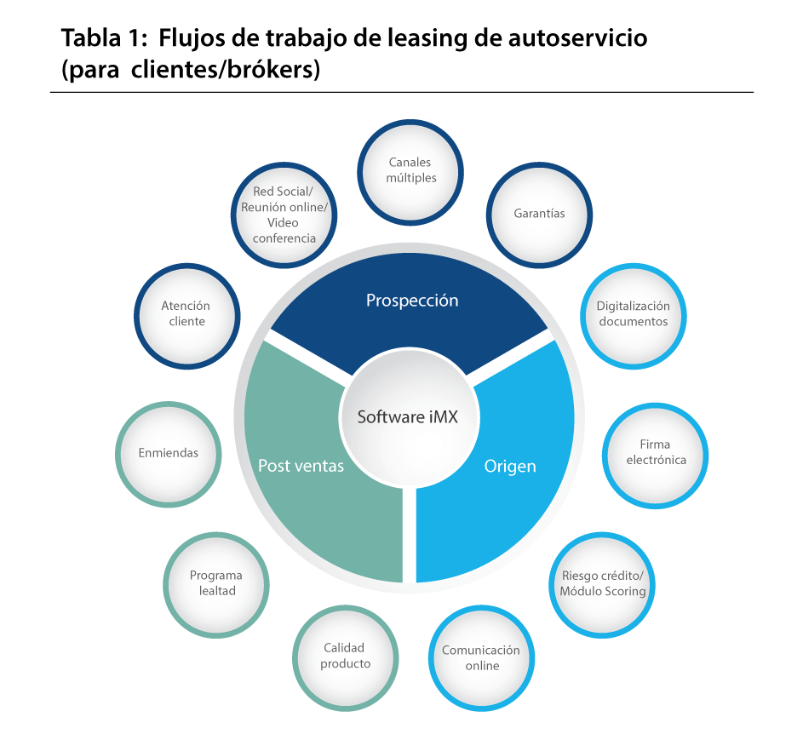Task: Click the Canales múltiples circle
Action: [x=410, y=172]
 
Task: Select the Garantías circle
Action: [x=539, y=215]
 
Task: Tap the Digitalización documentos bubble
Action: [x=634, y=316]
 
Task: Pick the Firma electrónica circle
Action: [x=656, y=456]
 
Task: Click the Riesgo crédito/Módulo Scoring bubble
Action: [x=602, y=585]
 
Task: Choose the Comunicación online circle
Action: [x=481, y=658]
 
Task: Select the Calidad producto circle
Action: [x=345, y=658]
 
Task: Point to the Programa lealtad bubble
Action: [x=216, y=585]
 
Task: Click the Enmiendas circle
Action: [x=169, y=455]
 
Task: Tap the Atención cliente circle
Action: [x=187, y=316]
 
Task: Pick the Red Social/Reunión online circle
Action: [x=284, y=215]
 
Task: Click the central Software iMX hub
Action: [x=409, y=417]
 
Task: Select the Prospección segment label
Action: [x=412, y=300]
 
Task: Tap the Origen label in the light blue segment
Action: [x=510, y=466]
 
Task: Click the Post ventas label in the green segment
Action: [x=301, y=466]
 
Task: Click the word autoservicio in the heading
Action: [x=577, y=38]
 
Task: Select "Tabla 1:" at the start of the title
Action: [x=105, y=38]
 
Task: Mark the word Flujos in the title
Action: [x=191, y=39]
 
